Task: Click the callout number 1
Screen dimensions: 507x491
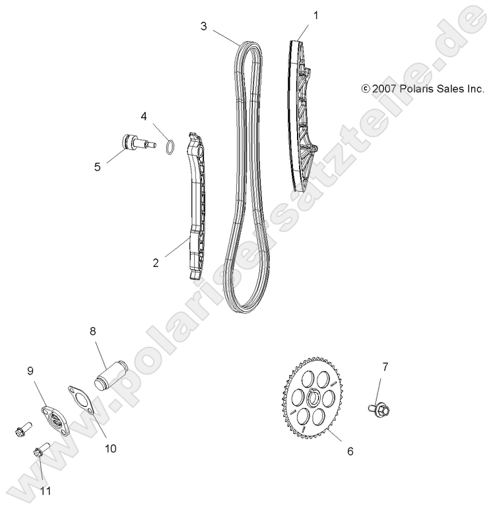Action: (315, 15)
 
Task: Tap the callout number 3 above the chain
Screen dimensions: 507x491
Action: (205, 26)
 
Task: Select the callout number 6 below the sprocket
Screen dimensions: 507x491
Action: (350, 451)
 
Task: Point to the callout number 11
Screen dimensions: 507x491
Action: (46, 491)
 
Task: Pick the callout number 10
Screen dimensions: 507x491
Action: (110, 448)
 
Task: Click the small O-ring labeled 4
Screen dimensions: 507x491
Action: (169, 145)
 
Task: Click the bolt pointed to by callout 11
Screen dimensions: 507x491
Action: (38, 454)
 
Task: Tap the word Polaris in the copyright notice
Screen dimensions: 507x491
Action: (413, 88)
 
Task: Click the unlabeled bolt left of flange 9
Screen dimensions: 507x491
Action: (18, 430)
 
